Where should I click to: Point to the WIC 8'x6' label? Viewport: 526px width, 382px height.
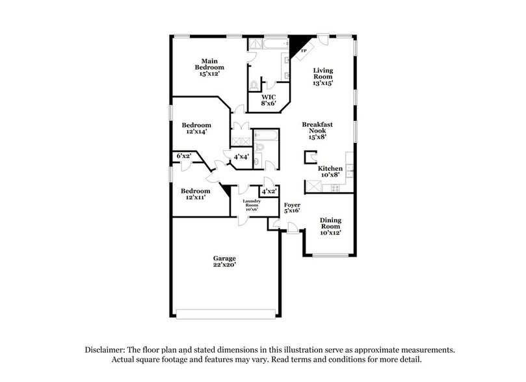tap(269, 100)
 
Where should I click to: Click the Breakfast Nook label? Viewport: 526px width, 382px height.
tap(317, 130)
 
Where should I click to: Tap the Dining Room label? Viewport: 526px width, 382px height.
tap(330, 225)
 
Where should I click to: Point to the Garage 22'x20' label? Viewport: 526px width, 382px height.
tap(224, 262)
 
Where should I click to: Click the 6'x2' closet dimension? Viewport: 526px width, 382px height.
tap(184, 156)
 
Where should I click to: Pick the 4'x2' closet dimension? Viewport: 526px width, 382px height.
tap(268, 192)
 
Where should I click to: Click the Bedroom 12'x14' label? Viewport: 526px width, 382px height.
tap(196, 128)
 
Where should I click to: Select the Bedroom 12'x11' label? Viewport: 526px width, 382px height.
tap(196, 194)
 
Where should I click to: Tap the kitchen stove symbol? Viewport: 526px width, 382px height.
tap(335, 187)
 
